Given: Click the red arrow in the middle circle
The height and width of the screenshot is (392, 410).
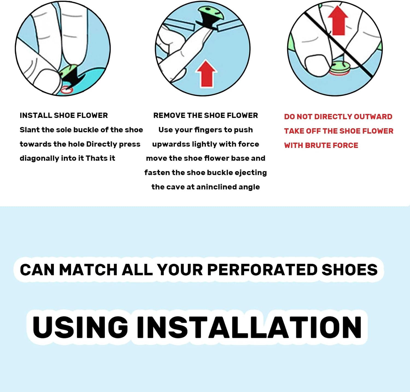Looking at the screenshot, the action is [x=206, y=74].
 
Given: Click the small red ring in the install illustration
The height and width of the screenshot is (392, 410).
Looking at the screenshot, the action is [x=66, y=89].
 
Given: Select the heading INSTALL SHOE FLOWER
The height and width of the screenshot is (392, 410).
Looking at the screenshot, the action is [x=64, y=115].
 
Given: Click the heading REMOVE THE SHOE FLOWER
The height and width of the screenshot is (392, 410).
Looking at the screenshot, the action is [x=206, y=115].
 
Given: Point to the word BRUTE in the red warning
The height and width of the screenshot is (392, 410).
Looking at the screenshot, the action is [x=318, y=145].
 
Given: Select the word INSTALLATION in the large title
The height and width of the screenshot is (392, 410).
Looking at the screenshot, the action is [x=249, y=327].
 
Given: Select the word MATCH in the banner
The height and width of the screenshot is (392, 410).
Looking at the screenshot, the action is [x=88, y=270].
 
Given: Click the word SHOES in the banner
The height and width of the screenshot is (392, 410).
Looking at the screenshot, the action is [x=350, y=270].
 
